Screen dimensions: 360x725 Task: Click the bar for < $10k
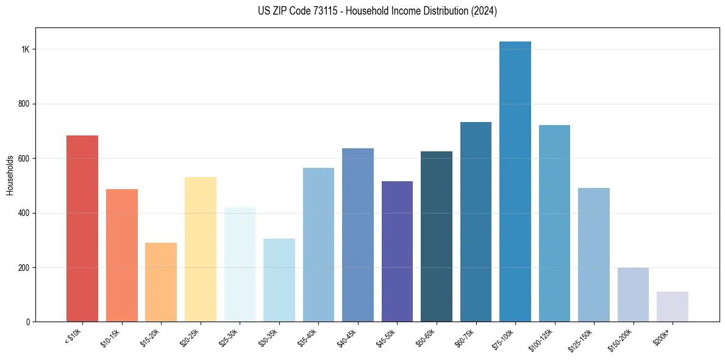pos(82,229)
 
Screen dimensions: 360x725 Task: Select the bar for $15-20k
pos(161,283)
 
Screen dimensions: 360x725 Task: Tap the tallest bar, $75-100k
pos(515,182)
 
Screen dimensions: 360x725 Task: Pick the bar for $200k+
pos(673,307)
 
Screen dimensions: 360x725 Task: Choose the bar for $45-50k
pos(397,251)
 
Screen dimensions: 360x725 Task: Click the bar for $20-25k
pos(201,250)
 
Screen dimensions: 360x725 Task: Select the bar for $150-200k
pos(633,295)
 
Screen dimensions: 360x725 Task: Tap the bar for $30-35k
pos(279,280)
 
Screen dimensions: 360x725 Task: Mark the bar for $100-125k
pos(554,223)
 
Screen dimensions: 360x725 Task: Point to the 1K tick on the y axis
pos(26,49)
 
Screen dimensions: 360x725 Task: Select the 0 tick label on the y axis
pos(27,322)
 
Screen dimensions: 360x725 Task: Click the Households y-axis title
pos(10,175)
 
